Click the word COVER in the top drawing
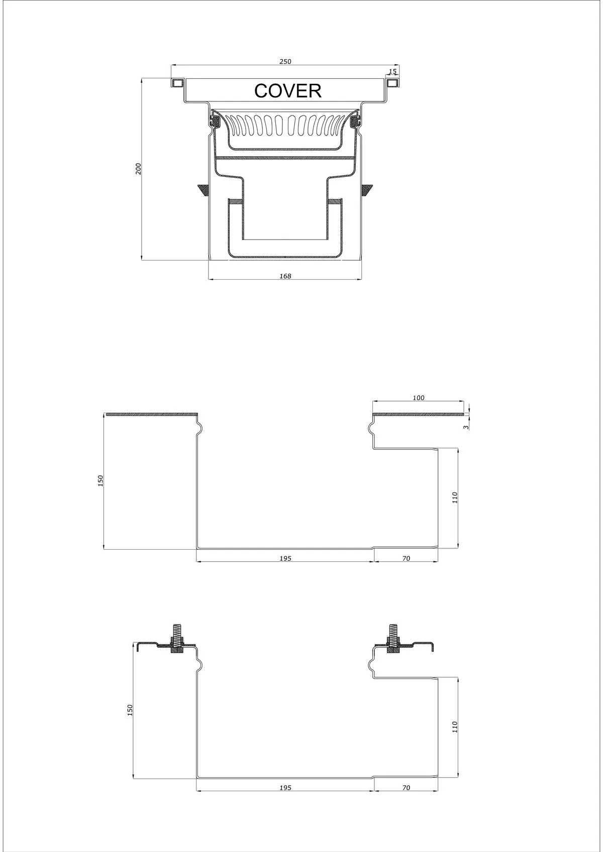point(288,91)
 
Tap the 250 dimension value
point(285,62)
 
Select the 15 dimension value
point(393,71)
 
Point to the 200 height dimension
point(139,169)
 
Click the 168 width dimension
point(285,276)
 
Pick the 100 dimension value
point(419,398)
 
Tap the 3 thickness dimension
point(466,428)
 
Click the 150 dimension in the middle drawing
point(100,481)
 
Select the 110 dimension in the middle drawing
point(455,498)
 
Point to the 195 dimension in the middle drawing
point(285,558)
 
